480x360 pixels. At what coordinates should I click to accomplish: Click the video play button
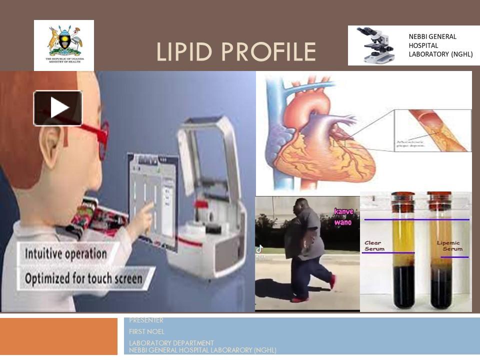[x=58, y=108]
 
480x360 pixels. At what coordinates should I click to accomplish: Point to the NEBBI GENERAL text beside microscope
[x=432, y=37]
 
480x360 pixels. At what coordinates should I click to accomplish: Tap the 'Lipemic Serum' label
[x=449, y=246]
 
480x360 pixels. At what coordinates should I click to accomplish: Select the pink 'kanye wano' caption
[x=343, y=216]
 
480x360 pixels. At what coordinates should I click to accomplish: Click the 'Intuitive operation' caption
[x=66, y=253]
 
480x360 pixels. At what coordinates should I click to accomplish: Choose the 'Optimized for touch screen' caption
[x=83, y=277]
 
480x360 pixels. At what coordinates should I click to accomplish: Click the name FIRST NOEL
[x=146, y=331]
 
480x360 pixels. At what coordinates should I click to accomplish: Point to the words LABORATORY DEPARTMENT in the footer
[x=171, y=343]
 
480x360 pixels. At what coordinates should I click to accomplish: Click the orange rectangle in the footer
[x=58, y=336]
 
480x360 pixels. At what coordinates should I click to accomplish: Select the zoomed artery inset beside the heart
[x=432, y=130]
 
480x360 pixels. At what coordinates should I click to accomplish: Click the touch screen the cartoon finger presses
[x=153, y=200]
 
